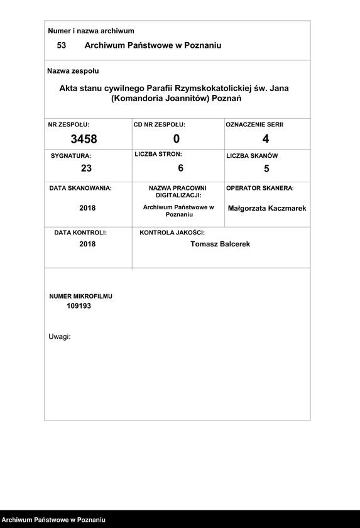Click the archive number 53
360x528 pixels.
62,45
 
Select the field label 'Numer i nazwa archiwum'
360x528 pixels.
91,31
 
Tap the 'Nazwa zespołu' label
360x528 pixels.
73,71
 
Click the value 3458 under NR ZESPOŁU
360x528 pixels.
84,139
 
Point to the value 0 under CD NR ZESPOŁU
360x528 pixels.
177,139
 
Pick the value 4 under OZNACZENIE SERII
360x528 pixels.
266,139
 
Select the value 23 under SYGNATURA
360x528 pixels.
86,168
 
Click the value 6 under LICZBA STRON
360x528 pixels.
180,168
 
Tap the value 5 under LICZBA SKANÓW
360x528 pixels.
266,168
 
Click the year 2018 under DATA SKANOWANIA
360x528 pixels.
87,208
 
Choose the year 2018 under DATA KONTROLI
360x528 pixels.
87,244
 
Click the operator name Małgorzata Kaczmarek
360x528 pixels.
267,208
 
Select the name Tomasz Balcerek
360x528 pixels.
220,244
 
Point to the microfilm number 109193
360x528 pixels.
79,305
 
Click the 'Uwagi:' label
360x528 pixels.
60,336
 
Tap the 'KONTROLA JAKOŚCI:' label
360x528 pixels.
172,233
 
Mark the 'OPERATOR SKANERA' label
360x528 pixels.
259,188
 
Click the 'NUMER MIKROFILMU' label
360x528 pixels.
80,295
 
